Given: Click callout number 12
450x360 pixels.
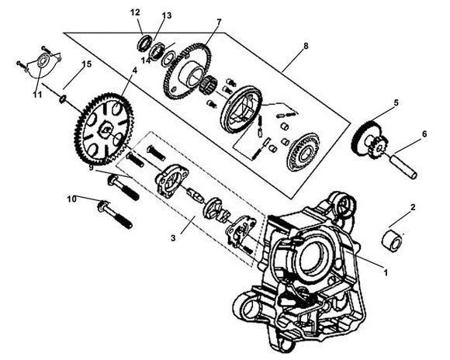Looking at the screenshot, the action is pos(135,12).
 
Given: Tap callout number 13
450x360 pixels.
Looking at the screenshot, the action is pos(167,16).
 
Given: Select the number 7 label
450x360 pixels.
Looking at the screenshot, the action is pos(220,22).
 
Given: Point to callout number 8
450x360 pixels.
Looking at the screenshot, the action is pos(306,46).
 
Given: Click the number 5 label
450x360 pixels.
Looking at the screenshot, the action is pos(396,102).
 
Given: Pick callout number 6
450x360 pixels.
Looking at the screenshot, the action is pos(424,133).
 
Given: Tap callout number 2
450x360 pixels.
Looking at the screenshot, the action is pos(413,207).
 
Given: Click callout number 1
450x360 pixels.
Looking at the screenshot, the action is pos(386,272).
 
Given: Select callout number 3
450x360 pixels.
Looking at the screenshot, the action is pos(173,238).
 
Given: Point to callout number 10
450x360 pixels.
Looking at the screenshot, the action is pos(72,199).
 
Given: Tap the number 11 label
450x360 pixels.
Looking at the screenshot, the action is pos(37,95).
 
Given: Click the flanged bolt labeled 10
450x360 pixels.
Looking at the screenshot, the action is pos(115,214).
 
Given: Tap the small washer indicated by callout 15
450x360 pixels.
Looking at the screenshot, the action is pos(62,99).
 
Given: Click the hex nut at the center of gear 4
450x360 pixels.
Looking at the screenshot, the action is pos(105,130).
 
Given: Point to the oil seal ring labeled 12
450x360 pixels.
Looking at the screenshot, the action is pos(144,43).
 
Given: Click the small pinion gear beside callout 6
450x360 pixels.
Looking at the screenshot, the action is pos(379,148).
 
